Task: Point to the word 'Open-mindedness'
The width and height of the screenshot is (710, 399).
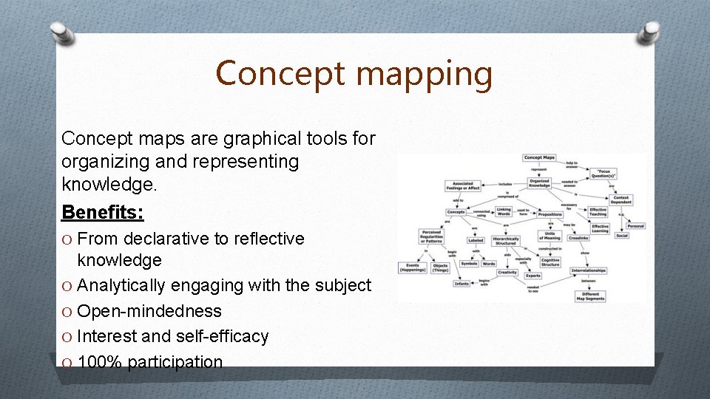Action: click(x=149, y=311)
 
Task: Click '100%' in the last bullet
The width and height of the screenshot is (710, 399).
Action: click(x=100, y=362)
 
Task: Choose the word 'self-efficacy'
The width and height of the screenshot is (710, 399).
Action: click(x=222, y=336)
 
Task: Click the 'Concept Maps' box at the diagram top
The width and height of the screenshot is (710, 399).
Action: click(x=539, y=157)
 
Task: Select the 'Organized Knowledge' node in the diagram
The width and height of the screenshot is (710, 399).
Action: click(x=539, y=183)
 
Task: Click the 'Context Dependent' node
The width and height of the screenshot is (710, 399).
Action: click(x=621, y=199)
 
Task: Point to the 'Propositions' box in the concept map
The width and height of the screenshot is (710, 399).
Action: click(x=550, y=214)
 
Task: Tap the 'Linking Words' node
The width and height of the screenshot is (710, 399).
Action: click(x=504, y=211)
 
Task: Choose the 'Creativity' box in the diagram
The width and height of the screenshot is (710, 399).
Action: click(x=507, y=272)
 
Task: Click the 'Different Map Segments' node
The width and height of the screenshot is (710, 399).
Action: click(x=589, y=296)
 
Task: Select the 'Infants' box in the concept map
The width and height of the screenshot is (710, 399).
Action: click(x=462, y=283)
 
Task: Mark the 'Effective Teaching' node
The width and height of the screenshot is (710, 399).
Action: click(x=598, y=212)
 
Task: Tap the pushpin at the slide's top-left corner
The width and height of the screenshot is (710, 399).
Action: click(x=61, y=33)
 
